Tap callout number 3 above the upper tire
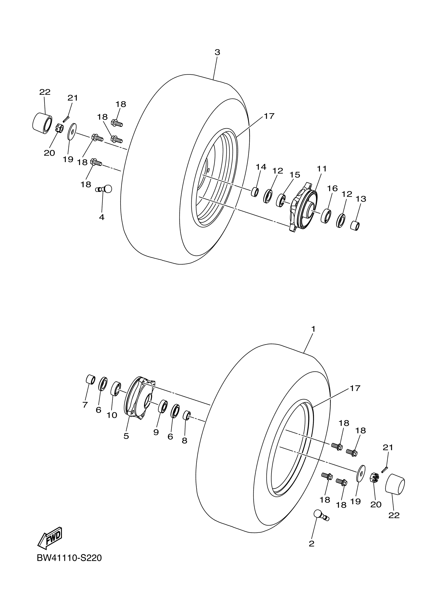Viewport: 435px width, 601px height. click(x=217, y=52)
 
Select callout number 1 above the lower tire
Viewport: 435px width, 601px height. click(x=313, y=329)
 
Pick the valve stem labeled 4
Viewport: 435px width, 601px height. click(x=104, y=189)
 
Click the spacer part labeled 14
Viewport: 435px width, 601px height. click(x=255, y=192)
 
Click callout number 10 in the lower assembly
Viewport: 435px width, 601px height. click(x=112, y=416)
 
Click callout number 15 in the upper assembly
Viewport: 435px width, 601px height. click(x=295, y=175)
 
